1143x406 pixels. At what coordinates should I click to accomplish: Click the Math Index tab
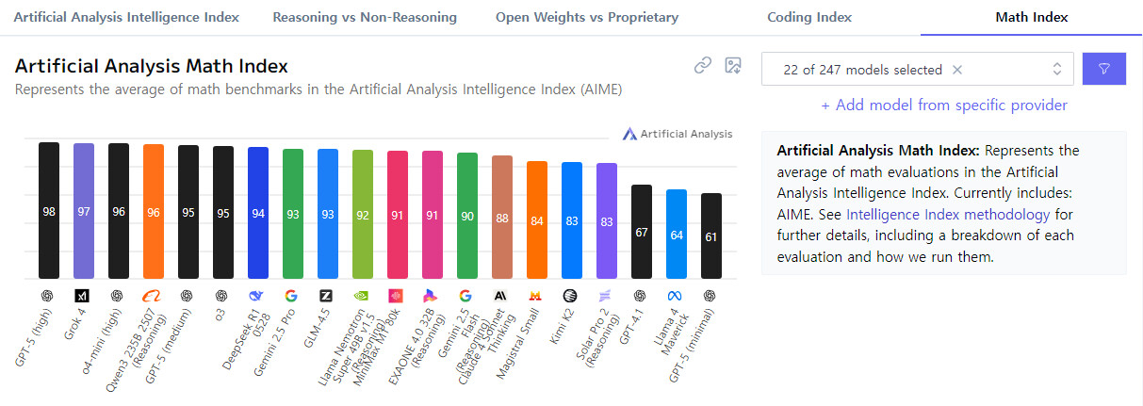pyautogui.click(x=1032, y=17)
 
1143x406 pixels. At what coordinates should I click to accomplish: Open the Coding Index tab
pyautogui.click(x=808, y=17)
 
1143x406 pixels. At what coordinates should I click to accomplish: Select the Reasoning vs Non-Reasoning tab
pyautogui.click(x=365, y=17)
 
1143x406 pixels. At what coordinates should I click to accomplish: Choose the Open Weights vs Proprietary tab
pyautogui.click(x=586, y=17)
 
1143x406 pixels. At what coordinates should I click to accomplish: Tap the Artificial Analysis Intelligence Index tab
pyautogui.click(x=126, y=17)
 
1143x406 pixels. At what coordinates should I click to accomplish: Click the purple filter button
pyautogui.click(x=1104, y=69)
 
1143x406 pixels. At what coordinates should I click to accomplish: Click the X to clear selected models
pyautogui.click(x=957, y=70)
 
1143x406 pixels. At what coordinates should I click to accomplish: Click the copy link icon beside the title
pyautogui.click(x=702, y=65)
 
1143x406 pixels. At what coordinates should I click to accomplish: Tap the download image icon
pyautogui.click(x=732, y=65)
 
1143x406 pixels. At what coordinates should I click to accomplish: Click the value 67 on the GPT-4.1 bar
pyautogui.click(x=642, y=232)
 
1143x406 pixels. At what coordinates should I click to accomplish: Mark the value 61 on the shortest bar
pyautogui.click(x=711, y=236)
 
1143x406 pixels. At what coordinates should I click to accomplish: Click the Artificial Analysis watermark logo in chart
pyautogui.click(x=678, y=134)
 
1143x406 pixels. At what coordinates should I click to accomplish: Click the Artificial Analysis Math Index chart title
pyautogui.click(x=152, y=66)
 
